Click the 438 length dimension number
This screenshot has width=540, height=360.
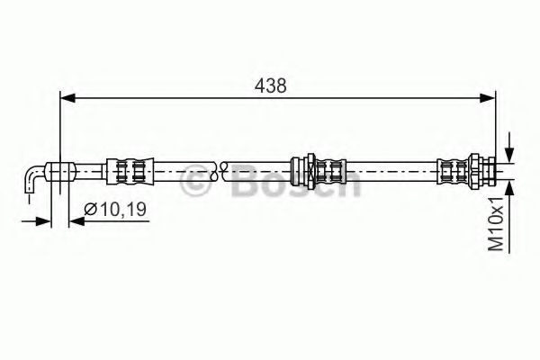271,85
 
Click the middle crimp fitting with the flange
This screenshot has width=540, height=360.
317,168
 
